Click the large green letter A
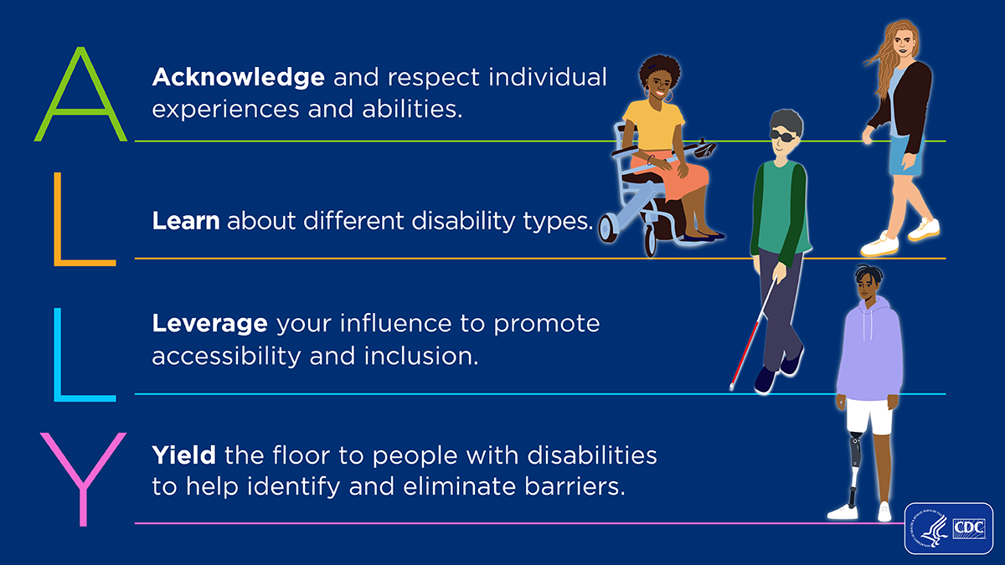pyautogui.click(x=80, y=96)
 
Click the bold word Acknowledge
pyautogui.click(x=238, y=79)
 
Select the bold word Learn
pyautogui.click(x=186, y=222)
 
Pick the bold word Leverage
pyautogui.click(x=209, y=324)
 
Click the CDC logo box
pyautogui.click(x=948, y=528)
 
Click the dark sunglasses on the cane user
pyautogui.click(x=785, y=136)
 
